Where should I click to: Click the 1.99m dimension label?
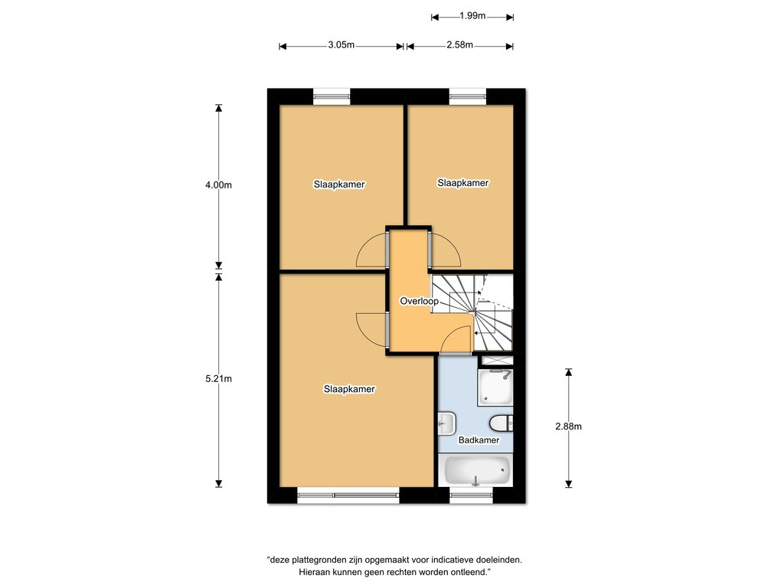coord(472,16)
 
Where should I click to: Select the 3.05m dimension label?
coord(341,45)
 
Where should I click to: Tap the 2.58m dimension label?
coord(460,45)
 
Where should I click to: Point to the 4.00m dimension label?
coord(218,185)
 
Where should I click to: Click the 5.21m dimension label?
coord(218,379)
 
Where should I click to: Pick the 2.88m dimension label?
coord(569,426)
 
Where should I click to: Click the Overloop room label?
coord(419,301)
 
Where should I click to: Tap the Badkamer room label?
coord(479,440)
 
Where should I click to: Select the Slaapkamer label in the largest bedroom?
coord(349,389)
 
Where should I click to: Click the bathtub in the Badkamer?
coord(477,471)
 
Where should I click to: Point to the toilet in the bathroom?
coord(501,423)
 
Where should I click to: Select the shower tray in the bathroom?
coord(495,387)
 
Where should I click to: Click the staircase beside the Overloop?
coord(472,312)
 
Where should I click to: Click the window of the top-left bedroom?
coord(332,96)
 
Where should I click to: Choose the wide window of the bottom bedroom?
coord(348,495)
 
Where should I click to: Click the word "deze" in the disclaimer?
coord(279,560)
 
